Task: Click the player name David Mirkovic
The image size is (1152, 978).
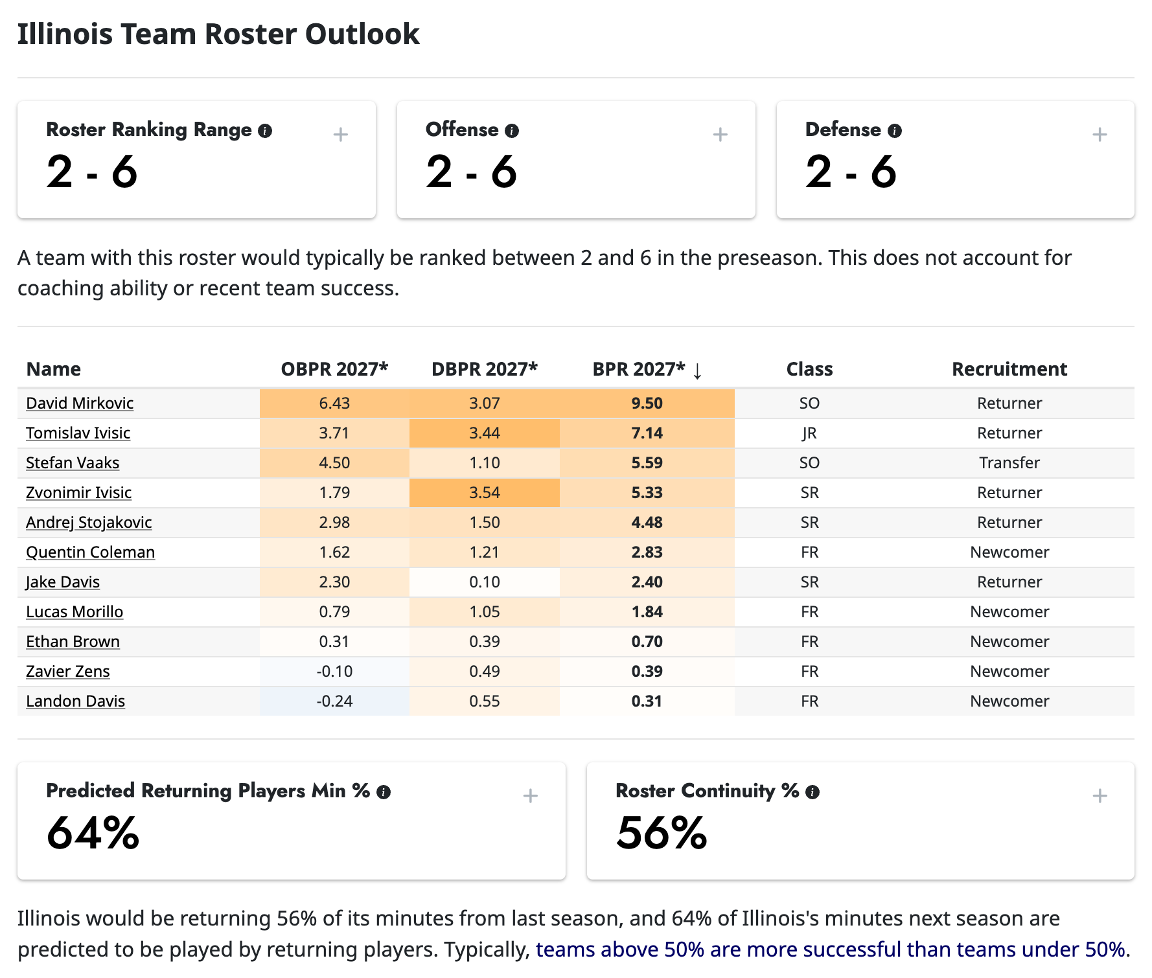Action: [80, 403]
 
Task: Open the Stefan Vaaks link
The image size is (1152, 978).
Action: [73, 462]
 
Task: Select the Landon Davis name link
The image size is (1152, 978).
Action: [75, 701]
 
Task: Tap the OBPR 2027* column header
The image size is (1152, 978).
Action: [334, 369]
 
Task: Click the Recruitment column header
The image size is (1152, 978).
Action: [1009, 369]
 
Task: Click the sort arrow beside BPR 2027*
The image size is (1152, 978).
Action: [697, 370]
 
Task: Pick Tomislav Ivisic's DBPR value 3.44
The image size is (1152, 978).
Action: [485, 433]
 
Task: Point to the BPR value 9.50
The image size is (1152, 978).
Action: [647, 403]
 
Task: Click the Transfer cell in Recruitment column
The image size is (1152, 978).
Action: [1009, 462]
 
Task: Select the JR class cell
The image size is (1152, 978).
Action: [809, 433]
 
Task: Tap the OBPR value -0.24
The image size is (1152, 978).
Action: [334, 701]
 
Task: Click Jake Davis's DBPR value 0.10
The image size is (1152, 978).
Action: [485, 582]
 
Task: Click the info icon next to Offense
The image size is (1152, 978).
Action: [512, 131]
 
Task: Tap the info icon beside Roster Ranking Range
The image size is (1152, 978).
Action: [265, 131]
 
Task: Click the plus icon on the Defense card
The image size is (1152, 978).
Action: [1100, 135]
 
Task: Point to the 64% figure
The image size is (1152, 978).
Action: [93, 833]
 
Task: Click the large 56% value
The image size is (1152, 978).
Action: [662, 833]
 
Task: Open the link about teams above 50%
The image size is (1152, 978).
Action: [833, 949]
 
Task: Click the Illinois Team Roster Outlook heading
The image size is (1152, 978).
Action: [218, 34]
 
